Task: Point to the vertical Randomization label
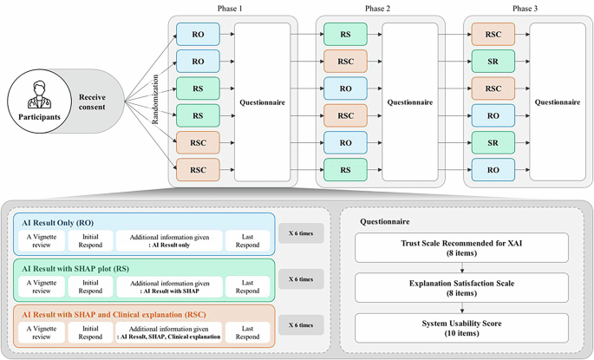157,101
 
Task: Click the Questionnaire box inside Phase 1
263,101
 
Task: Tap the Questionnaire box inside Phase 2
410,101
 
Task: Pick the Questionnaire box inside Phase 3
558,101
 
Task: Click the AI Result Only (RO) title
69,222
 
